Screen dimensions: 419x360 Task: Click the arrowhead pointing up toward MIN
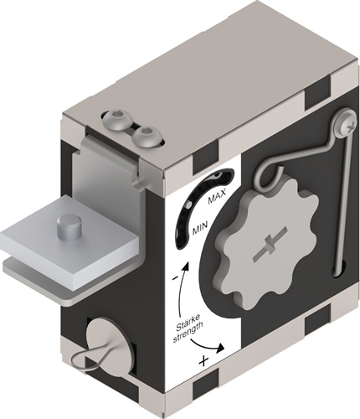186,265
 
